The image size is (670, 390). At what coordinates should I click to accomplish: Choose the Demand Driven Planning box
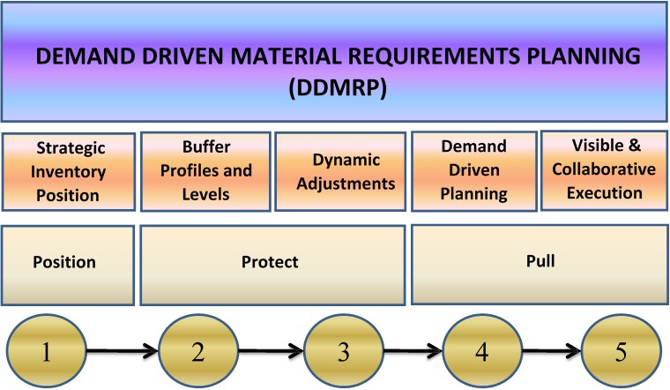pos(473,171)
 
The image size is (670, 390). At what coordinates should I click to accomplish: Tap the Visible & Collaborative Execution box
pos(603,170)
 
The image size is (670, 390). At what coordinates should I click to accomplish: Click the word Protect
pos(271,262)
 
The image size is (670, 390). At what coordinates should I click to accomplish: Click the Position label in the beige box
pos(63,262)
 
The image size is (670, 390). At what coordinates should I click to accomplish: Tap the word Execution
pos(603,192)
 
